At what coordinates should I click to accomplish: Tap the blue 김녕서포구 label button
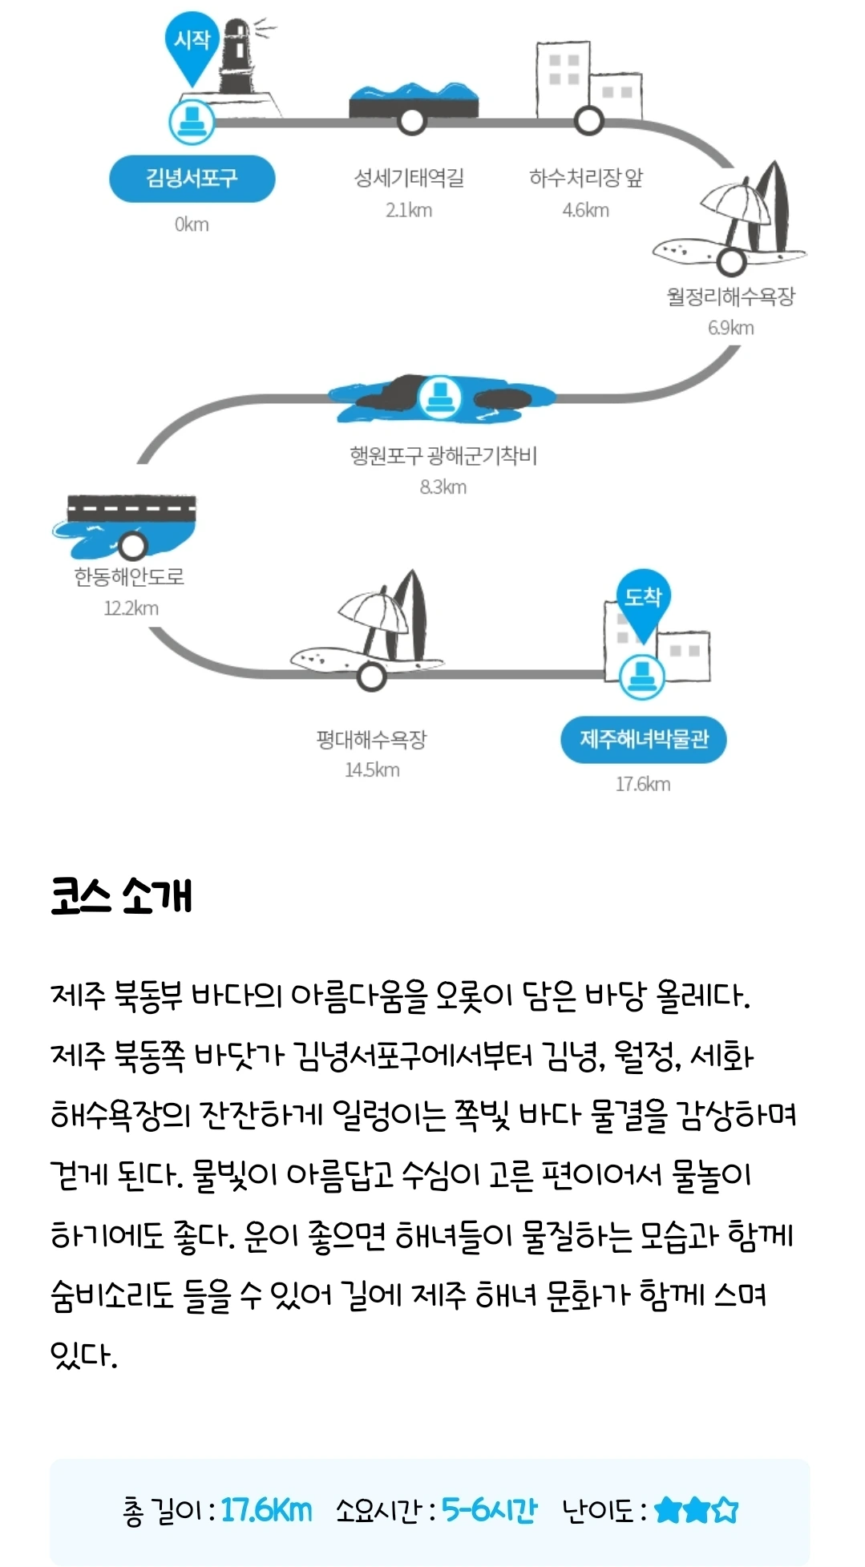point(192,178)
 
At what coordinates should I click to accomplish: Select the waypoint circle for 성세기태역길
point(412,121)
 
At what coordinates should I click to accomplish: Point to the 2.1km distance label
point(409,210)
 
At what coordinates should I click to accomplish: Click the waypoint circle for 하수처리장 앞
point(588,121)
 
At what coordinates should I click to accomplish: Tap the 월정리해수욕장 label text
point(730,297)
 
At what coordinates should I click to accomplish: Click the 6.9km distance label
point(730,327)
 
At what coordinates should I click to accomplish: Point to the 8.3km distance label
point(443,487)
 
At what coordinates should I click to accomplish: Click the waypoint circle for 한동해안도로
point(133,546)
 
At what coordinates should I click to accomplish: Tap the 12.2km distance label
point(131,608)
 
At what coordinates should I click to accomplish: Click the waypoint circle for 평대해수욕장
point(371,676)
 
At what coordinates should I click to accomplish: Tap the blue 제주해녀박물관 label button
point(643,739)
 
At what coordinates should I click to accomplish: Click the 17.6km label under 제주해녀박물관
point(643,784)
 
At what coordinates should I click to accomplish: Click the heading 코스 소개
point(121,895)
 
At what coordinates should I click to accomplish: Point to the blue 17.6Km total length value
point(266,1510)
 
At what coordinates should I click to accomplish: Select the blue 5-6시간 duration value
point(489,1510)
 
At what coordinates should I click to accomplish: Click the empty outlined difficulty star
point(726,1510)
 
